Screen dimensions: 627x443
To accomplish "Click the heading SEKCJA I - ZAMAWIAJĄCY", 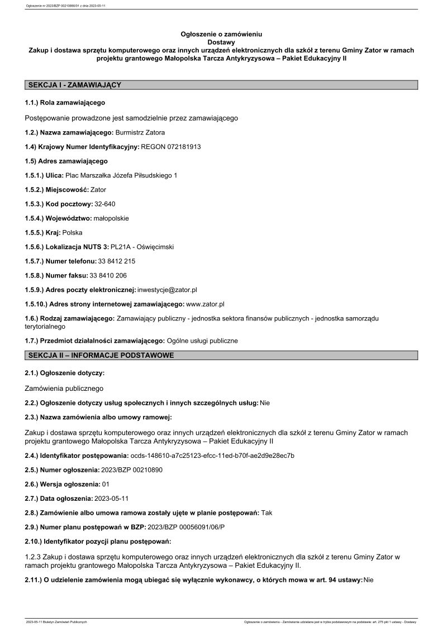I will pyautogui.click(x=74, y=85).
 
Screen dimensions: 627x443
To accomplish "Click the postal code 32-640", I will pyautogui.click(x=106, y=204).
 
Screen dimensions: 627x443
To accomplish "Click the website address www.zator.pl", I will pyautogui.click(x=205, y=304).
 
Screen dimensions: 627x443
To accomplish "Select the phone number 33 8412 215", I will pyautogui.click(x=117, y=261).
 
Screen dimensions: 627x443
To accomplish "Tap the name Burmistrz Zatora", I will pyautogui.click(x=140, y=132).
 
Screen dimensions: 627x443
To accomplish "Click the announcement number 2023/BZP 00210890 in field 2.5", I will pyautogui.click(x=132, y=470).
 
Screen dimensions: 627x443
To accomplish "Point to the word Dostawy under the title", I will pyautogui.click(x=221, y=42).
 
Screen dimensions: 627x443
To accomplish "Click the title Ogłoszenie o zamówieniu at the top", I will pyautogui.click(x=221, y=34).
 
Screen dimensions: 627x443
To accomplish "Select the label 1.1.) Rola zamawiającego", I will pyautogui.click(x=65, y=103).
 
